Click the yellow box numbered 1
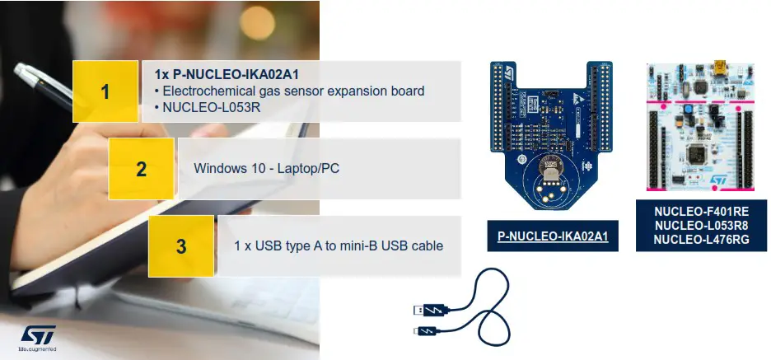105,91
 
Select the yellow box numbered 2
141,169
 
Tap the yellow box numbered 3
180,245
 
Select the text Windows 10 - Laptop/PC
267,169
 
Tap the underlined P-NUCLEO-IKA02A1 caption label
552,236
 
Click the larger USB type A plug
430,310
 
